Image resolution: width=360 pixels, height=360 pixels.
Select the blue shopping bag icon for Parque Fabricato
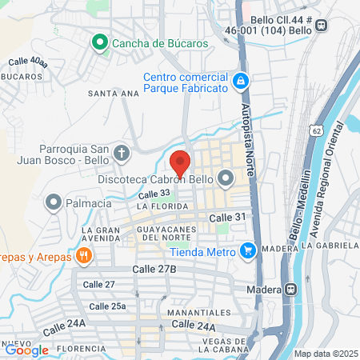click(x=239, y=81)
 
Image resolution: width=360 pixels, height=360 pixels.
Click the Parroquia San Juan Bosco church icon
click(x=121, y=152)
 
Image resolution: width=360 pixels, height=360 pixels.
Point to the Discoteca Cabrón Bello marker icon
click(x=226, y=178)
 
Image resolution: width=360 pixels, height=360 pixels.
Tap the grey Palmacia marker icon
click(x=54, y=202)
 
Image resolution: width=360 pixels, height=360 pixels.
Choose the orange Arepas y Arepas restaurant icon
click(x=83, y=256)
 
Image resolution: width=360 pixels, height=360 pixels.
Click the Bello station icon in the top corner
click(x=322, y=25)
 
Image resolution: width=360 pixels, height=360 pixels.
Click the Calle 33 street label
click(x=154, y=194)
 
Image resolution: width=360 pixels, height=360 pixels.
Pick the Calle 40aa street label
click(x=27, y=61)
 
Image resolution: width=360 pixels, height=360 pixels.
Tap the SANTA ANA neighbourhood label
click(x=110, y=93)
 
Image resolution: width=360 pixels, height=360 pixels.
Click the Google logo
click(x=26, y=350)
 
